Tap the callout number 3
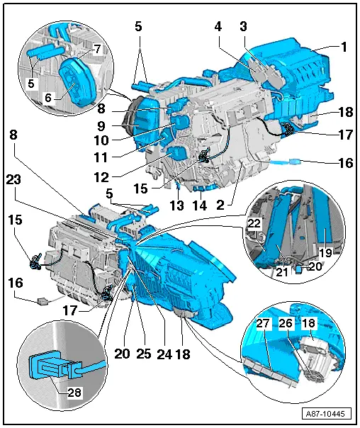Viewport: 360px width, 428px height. coord(244,26)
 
